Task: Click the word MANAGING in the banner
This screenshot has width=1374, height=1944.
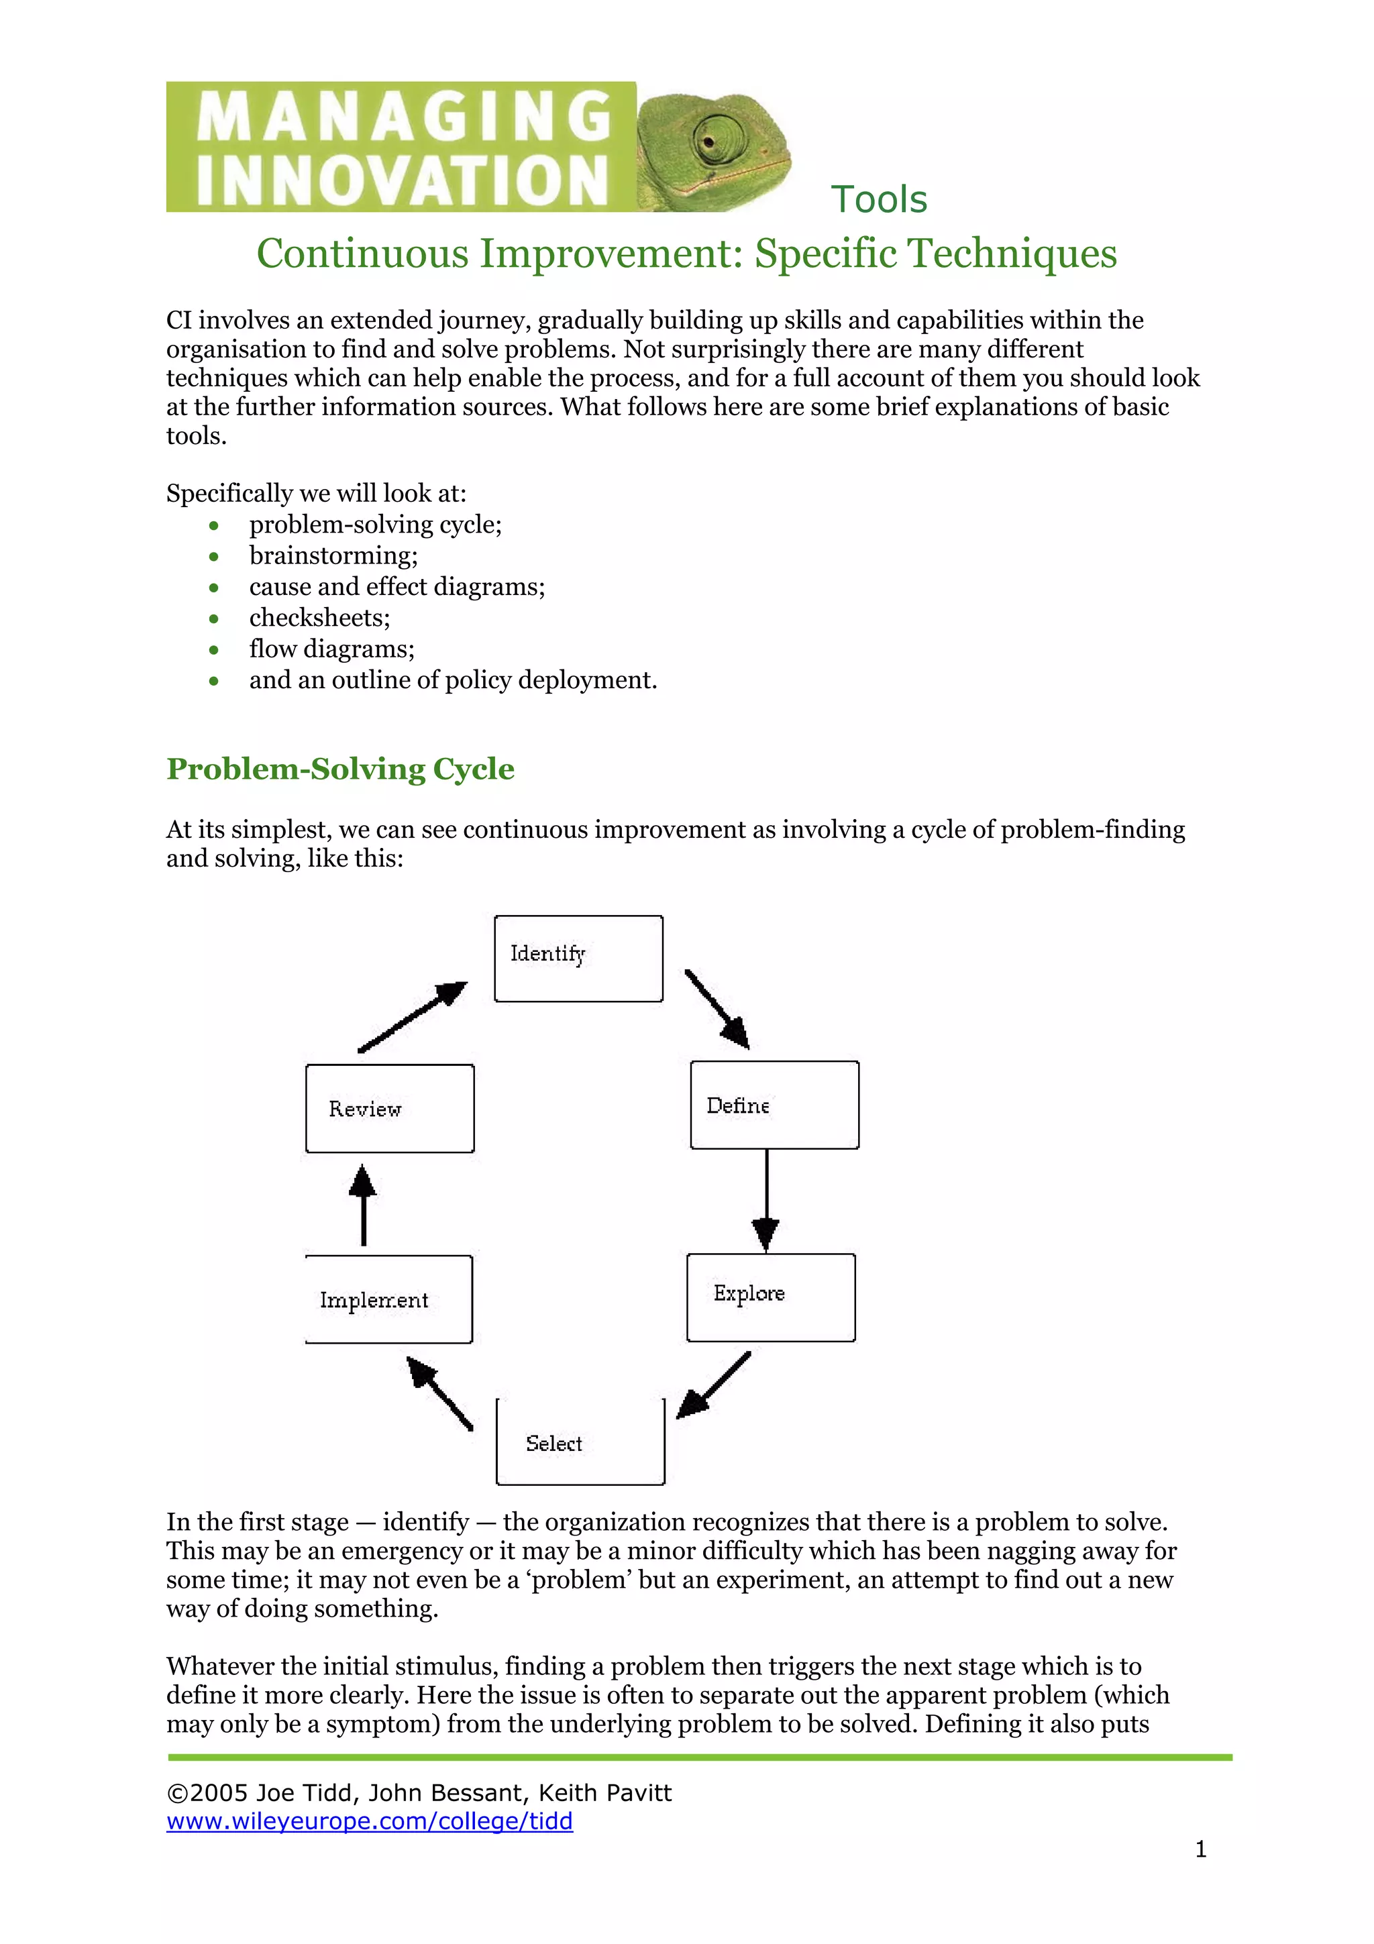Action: [404, 116]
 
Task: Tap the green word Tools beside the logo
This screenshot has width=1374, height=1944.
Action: [879, 200]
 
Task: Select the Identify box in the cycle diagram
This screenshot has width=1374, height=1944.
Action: [578, 959]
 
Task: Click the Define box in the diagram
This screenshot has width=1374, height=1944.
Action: [774, 1105]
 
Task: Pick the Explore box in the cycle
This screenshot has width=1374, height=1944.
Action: [770, 1297]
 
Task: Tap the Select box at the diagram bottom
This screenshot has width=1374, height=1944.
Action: [580, 1442]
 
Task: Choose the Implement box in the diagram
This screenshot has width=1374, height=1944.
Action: [388, 1299]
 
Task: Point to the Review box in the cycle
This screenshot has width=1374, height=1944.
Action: [389, 1108]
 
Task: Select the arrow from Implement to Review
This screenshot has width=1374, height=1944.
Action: [363, 1205]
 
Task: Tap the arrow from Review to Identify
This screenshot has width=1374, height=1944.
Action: [413, 1017]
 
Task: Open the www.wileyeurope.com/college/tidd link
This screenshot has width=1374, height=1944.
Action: [369, 1821]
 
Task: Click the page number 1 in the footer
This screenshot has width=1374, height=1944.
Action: [1200, 1850]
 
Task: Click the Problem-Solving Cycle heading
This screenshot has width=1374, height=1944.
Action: [340, 769]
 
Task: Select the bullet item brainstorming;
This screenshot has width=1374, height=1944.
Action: [333, 555]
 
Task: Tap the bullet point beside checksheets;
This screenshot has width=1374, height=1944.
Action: [214, 619]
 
